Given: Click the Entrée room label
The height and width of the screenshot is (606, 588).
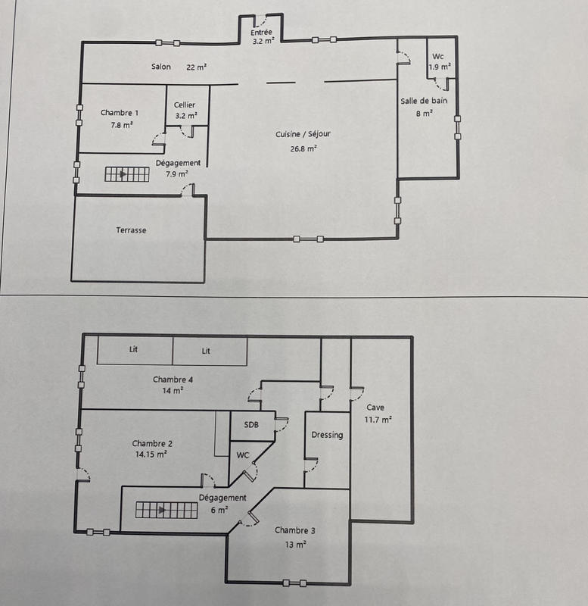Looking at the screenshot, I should point(263,32).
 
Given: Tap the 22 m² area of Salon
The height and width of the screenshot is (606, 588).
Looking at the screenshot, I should point(197,67).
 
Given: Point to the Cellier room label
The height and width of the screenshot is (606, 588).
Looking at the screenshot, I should point(185,105).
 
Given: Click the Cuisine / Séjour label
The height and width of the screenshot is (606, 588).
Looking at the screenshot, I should point(303,134).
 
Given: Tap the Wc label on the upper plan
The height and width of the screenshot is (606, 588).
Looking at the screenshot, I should point(438,57).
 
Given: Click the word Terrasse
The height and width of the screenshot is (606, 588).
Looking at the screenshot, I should point(131,230).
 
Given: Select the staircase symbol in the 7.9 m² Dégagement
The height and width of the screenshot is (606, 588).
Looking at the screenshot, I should point(126,175).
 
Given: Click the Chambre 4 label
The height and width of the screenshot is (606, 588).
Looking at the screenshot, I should point(172,380).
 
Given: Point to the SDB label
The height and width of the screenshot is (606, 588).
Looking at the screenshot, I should point(250,425).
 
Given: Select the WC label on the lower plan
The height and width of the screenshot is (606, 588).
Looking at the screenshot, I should point(243,455).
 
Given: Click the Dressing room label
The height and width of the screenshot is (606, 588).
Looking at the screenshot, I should point(327,435).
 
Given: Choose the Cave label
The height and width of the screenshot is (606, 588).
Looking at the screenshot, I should point(375,408).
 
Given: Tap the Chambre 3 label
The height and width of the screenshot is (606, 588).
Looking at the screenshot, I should point(295,530).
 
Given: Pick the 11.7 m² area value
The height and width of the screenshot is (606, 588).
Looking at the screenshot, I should point(378,420).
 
